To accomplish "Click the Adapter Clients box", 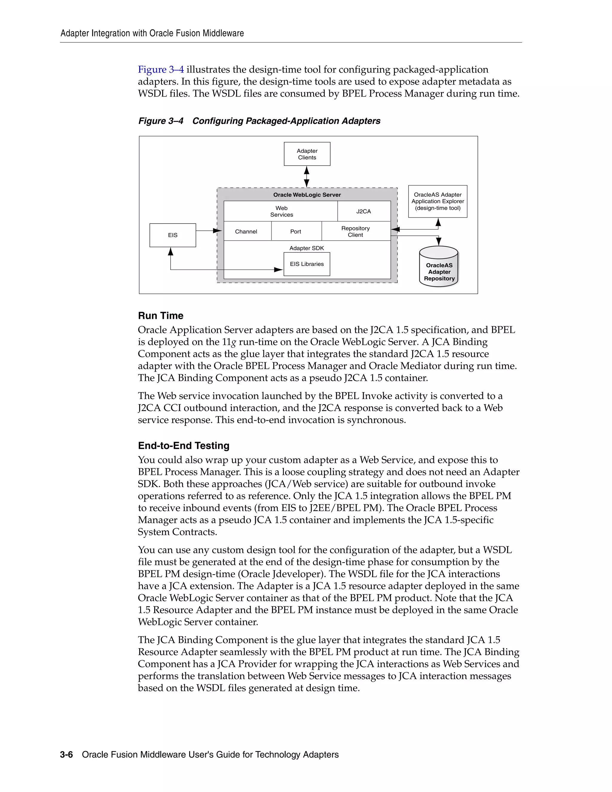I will tap(307, 154).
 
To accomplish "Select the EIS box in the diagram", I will tap(173, 235).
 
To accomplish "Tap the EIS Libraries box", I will tap(307, 264).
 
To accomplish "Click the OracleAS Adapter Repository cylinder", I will tap(439, 268).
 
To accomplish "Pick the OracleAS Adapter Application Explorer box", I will tap(437, 201).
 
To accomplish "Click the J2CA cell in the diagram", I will tap(364, 211).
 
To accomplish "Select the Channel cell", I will tap(246, 231).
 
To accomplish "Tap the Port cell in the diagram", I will tap(296, 231).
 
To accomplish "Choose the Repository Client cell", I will tap(355, 231).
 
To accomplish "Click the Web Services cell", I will tap(281, 211).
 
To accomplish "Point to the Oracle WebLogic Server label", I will tap(307, 195).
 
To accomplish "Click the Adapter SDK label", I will tap(307, 248).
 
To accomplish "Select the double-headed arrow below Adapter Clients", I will tap(307, 177).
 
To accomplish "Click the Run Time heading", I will tap(160, 316).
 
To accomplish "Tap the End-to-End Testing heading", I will tap(183, 445).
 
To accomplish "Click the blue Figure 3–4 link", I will tap(160, 69).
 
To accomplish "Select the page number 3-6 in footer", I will tap(66, 754).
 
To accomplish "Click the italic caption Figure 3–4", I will tap(160, 121).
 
